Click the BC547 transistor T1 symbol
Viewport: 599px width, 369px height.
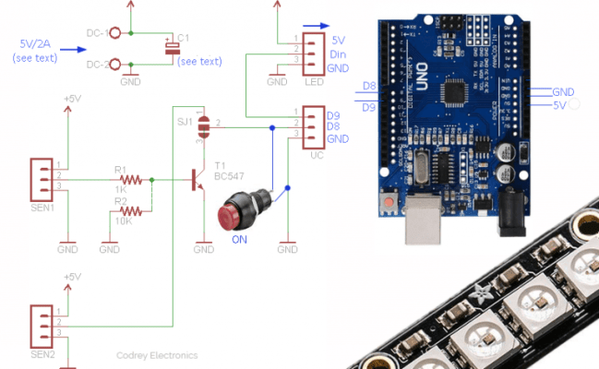[198, 179]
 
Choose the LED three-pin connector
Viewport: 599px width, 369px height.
[312, 54]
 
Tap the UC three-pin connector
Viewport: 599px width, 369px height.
[312, 126]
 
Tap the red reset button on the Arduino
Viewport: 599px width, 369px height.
[390, 200]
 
